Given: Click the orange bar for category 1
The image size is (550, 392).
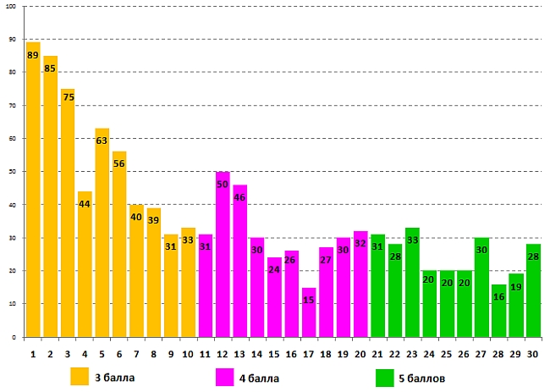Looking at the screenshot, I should click(33, 195).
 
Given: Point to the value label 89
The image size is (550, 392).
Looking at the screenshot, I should click(33, 56).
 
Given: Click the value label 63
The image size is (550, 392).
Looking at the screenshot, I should click(102, 141).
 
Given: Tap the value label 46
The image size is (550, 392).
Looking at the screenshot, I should click(239, 197).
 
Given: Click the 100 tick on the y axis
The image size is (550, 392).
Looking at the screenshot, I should click(11, 7).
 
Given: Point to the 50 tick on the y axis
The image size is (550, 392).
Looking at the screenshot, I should click(12, 172).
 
